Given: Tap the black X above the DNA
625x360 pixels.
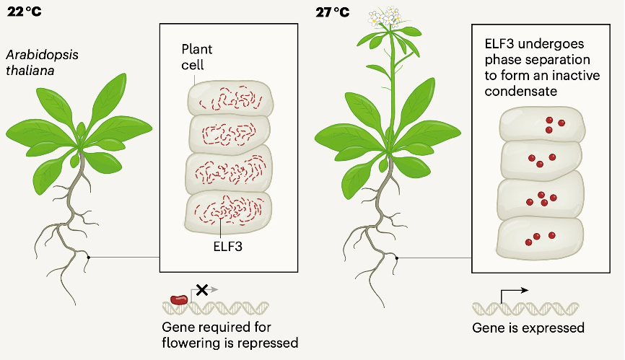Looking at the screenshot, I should pyautogui.click(x=203, y=289).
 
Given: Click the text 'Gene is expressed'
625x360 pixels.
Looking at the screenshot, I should pyautogui.click(x=528, y=328).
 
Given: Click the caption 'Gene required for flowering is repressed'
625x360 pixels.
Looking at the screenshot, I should pyautogui.click(x=230, y=335).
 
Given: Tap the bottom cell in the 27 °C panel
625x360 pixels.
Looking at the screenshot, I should pyautogui.click(x=542, y=237).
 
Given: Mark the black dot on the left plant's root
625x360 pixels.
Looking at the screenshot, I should pyautogui.click(x=88, y=257).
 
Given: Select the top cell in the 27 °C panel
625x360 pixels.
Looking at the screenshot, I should pyautogui.click(x=542, y=124).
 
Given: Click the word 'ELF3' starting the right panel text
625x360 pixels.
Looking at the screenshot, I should pyautogui.click(x=495, y=44).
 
